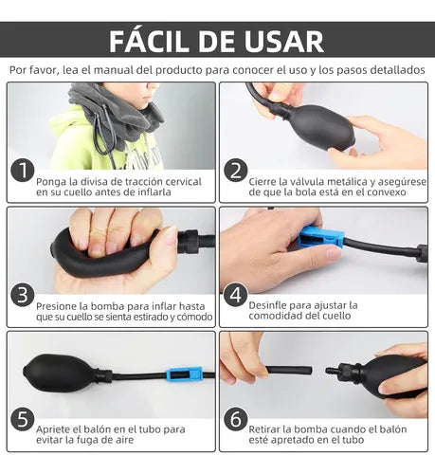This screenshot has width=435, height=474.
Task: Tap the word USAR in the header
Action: [x=284, y=42]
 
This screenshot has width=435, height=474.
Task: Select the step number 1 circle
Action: [x=23, y=171]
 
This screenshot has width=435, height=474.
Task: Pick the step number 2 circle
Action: [x=236, y=171]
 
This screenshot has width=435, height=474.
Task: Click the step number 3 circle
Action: [x=23, y=295]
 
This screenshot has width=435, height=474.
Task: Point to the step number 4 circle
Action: [x=236, y=295]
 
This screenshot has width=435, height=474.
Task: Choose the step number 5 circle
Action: [x=23, y=420]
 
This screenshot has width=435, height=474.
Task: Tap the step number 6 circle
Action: [x=236, y=420]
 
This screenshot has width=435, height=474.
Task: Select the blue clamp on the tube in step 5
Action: [x=184, y=374]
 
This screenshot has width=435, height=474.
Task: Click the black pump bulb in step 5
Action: [x=62, y=374]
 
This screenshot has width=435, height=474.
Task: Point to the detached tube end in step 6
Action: [x=289, y=371]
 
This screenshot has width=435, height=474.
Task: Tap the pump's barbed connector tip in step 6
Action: [x=331, y=370]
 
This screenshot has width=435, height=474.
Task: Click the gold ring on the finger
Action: [x=99, y=233]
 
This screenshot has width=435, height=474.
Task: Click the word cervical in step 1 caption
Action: [x=184, y=182]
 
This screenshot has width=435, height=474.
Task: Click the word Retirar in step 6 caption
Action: [x=264, y=429]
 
